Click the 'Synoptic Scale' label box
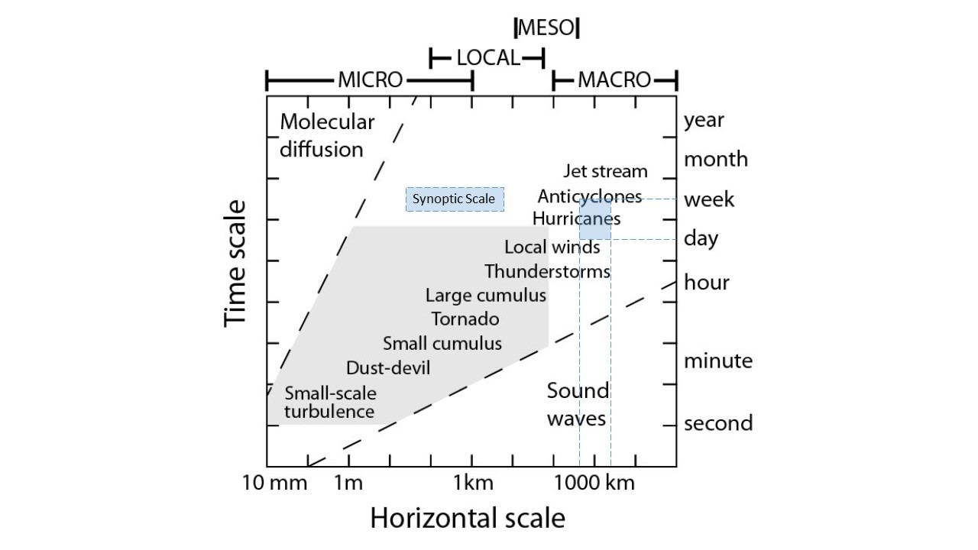tap(455, 199)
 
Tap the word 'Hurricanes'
tap(576, 218)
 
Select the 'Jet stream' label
tap(605, 171)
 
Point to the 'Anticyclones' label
tap(589, 196)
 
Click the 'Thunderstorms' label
tap(547, 271)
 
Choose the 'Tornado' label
tap(465, 319)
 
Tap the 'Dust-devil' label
tap(388, 368)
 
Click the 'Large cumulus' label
tap(486, 296)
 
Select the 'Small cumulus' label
tap(442, 343)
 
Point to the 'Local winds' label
tap(552, 247)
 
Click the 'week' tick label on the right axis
tap(709, 200)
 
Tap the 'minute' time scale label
tap(717, 361)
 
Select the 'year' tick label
tap(704, 120)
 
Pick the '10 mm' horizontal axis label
tap(275, 483)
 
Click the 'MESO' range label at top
tap(546, 28)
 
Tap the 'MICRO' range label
tap(370, 79)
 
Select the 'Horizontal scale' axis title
tap(468, 518)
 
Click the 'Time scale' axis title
tap(236, 264)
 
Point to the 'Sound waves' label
tap(578, 404)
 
